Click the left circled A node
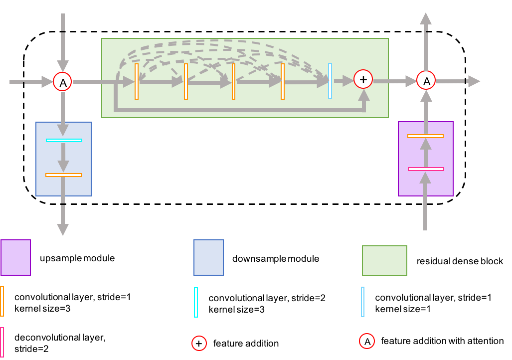pyautogui.click(x=62, y=82)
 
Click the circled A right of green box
pyautogui.click(x=426, y=80)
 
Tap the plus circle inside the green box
pyautogui.click(x=363, y=79)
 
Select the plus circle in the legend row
pyautogui.click(x=199, y=343)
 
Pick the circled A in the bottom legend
pyautogui.click(x=367, y=341)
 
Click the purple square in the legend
pyautogui.click(x=15, y=257)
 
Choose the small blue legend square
pyautogui.click(x=208, y=257)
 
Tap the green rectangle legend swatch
pyautogui.click(x=384, y=261)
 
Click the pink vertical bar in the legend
pyautogui.click(x=2, y=342)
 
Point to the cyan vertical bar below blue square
pyautogui.click(x=196, y=302)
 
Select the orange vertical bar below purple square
pyautogui.click(x=2, y=301)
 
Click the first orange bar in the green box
pyautogui.click(x=137, y=81)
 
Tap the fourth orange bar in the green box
pyautogui.click(x=283, y=81)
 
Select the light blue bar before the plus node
pyautogui.click(x=330, y=81)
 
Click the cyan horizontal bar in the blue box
pyautogui.click(x=64, y=140)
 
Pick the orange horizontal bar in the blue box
pyautogui.click(x=63, y=175)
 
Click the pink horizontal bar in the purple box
pyautogui.click(x=426, y=169)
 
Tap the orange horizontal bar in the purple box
pyautogui.click(x=425, y=136)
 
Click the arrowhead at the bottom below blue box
pyautogui.click(x=63, y=230)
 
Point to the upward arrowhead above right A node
pyautogui.click(x=426, y=19)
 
